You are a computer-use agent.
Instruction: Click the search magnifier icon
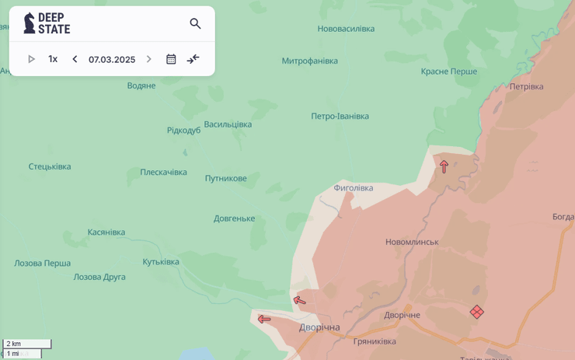point(195,24)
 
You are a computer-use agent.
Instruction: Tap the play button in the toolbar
point(31,59)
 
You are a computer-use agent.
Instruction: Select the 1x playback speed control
point(53,59)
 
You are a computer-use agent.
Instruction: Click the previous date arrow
point(75,59)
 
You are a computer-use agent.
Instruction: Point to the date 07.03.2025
point(112,59)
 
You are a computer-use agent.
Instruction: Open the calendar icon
point(171,59)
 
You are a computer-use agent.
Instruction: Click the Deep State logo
point(47,23)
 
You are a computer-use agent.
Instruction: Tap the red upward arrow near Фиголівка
point(444,166)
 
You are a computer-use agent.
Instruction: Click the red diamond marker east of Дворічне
point(477,312)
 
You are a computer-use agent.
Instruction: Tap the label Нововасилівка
point(346,29)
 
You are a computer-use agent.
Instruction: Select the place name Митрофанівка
point(309,61)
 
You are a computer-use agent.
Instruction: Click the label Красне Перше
point(449,71)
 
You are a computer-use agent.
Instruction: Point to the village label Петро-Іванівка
point(340,116)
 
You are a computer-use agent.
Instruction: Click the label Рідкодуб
point(183,130)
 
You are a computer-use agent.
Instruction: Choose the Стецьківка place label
point(50,166)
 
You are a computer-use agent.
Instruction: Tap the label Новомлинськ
point(412,242)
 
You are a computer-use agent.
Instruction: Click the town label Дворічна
point(319,327)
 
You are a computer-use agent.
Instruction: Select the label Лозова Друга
point(99,277)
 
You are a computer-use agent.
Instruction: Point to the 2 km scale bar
point(27,344)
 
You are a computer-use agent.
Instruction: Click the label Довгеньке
point(234,218)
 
